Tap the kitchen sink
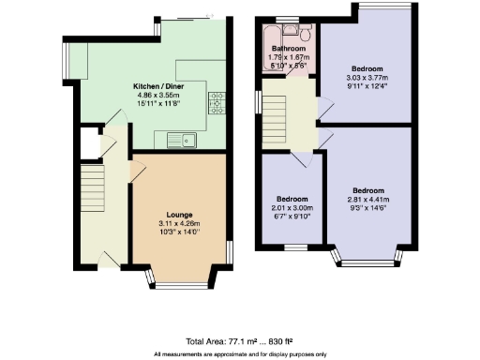pos(180,142)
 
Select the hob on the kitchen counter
pos(215,100)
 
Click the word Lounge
pos(179,214)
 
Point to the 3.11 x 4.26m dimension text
pos(179,223)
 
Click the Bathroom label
pos(289,49)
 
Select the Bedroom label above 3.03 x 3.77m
pos(367,69)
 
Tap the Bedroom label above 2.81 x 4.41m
pos(367,189)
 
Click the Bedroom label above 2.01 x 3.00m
pos(290,200)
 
